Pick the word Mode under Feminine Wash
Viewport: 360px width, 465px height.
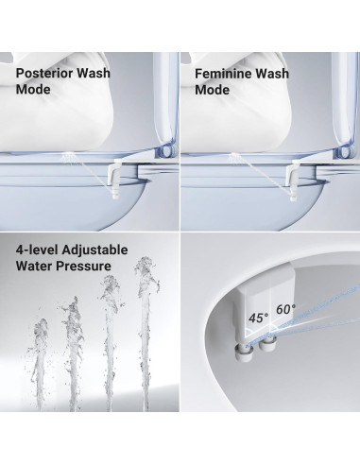coord(213,90)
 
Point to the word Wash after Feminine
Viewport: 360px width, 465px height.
coord(288,72)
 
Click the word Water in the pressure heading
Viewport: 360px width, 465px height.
coord(37,269)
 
